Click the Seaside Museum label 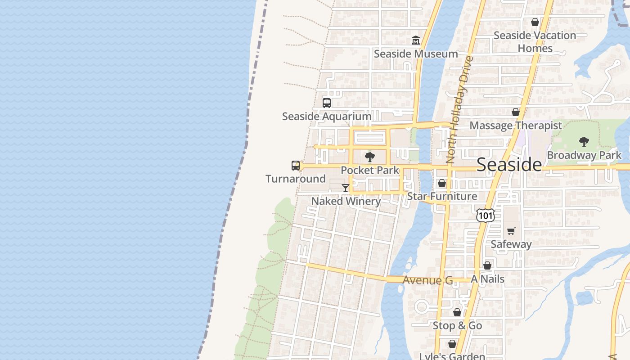tap(416, 54)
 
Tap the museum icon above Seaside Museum tap(415, 40)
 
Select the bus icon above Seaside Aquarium tap(327, 103)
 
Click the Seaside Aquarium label tap(327, 117)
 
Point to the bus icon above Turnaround tap(296, 165)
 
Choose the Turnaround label tap(296, 179)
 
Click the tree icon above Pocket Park tap(370, 157)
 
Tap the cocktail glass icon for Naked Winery tap(346, 188)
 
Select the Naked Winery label tap(346, 201)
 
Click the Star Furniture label tap(442, 196)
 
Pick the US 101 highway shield tap(486, 216)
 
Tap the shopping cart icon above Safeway tap(511, 231)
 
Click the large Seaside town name tap(509, 165)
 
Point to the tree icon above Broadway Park tap(584, 142)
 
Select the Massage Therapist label tap(516, 126)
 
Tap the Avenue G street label tap(427, 280)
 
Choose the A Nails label tap(487, 279)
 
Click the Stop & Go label tap(457, 326)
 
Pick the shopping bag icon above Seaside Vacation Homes tap(535, 22)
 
